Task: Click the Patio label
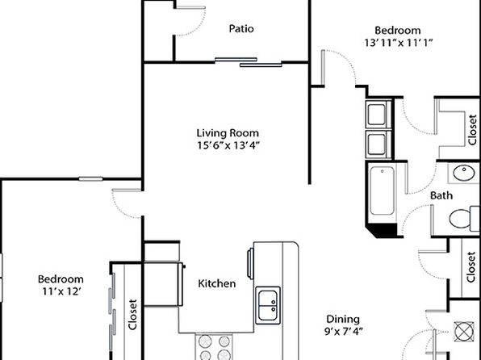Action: point(241,28)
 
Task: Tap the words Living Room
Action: point(228,133)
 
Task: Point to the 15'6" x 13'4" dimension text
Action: point(228,145)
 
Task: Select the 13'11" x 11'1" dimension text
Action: point(398,42)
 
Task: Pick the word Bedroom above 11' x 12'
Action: point(61,279)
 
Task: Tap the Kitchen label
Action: point(217,283)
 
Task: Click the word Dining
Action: point(343,319)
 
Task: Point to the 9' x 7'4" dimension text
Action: point(344,332)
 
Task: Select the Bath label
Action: point(441,195)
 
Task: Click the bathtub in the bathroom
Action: point(382,190)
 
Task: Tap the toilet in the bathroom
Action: point(464,218)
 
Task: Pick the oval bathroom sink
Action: point(464,173)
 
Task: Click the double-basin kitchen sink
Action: point(268,305)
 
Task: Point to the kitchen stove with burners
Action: point(214,347)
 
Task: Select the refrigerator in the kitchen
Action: point(164,284)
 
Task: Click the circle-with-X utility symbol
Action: point(464,332)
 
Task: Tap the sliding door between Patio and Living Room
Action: point(249,62)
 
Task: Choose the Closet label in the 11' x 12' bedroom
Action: point(132,315)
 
